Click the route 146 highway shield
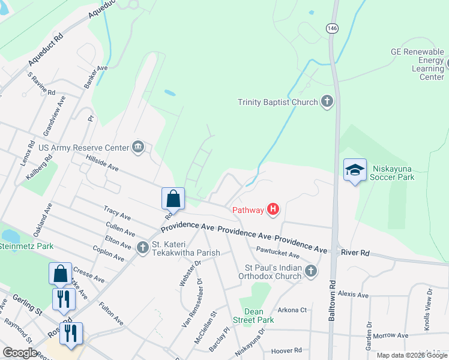click(331, 28)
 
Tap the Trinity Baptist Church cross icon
click(327, 101)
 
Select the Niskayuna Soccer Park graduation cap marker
click(355, 170)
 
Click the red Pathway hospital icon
click(273, 209)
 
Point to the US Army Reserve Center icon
click(139, 147)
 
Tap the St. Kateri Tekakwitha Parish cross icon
click(143, 247)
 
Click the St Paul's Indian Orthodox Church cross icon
click(310, 271)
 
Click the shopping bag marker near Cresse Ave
click(61, 274)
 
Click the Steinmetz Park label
click(26, 246)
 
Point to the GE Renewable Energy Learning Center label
click(420, 64)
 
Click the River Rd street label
click(356, 253)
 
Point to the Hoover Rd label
click(286, 350)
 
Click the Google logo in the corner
click(20, 353)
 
